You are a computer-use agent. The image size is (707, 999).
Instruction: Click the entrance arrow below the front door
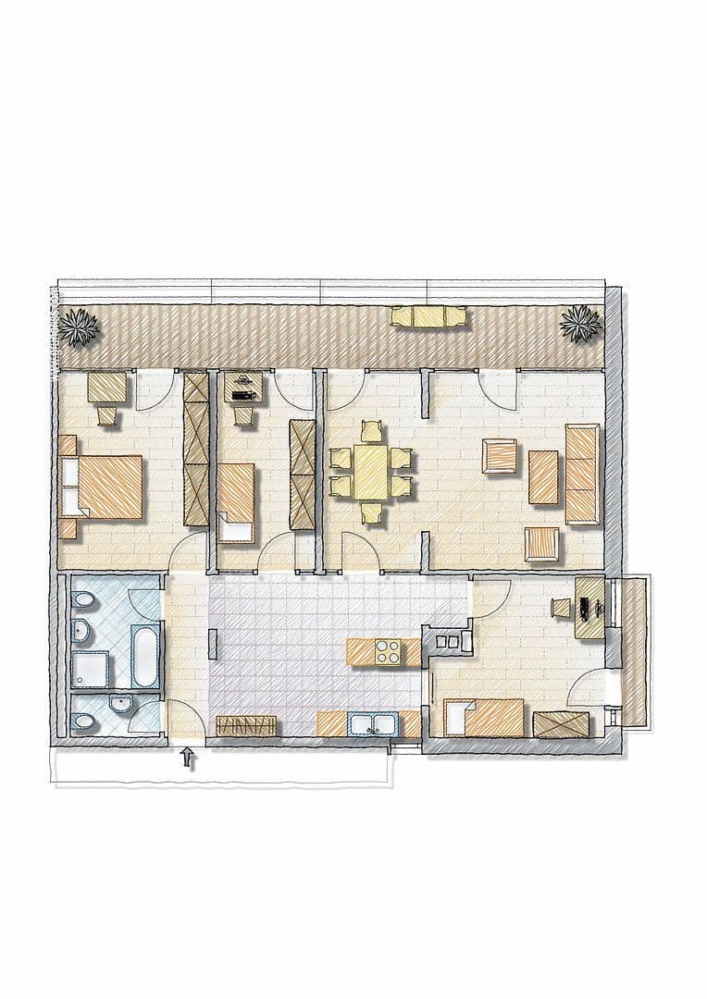pos(189,758)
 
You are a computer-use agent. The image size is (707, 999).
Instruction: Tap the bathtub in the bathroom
pos(146,658)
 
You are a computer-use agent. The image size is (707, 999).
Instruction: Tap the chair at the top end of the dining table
pos(371,431)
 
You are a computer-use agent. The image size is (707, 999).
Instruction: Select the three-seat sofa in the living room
pos(582,474)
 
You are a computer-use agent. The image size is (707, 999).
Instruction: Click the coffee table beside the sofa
pos(543,476)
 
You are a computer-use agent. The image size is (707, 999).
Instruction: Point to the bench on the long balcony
pos(428,316)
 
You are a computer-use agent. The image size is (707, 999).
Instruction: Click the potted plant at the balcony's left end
pos(80,325)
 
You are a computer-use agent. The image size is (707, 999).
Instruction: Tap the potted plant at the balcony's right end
pos(579,323)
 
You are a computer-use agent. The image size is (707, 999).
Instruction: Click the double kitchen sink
pos(374,723)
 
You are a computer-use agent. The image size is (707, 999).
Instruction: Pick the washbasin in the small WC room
pos(119,709)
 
